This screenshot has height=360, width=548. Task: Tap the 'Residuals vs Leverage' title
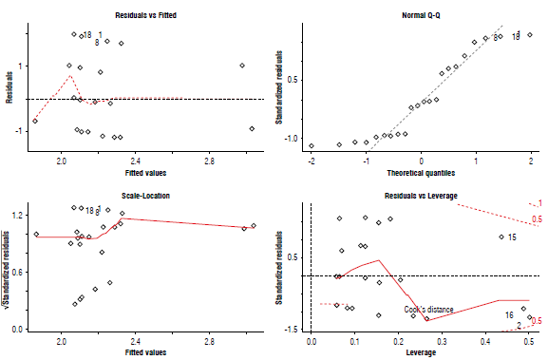(x=421, y=196)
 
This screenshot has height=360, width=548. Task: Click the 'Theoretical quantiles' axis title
(x=421, y=173)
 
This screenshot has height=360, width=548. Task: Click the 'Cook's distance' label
(x=428, y=310)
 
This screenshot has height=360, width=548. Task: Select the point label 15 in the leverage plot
(x=511, y=237)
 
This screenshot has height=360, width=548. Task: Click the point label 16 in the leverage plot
(x=509, y=314)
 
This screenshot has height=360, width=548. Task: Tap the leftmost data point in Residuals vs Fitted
(x=35, y=121)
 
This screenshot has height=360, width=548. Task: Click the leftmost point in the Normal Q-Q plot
(x=312, y=145)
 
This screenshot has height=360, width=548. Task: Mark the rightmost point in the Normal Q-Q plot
(x=530, y=34)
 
